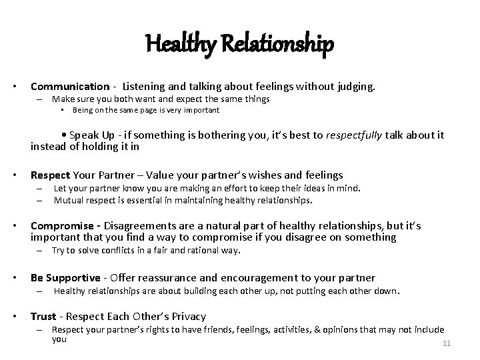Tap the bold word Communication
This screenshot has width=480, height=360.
[70, 86]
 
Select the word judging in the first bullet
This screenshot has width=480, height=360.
[357, 86]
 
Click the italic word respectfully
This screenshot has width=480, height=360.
[354, 135]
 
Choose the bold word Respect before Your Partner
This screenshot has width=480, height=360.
[50, 175]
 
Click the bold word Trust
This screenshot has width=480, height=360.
[43, 316]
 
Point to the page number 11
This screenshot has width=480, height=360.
[447, 343]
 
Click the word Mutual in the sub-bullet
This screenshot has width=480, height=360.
[67, 199]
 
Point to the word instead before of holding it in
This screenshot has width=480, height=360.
[49, 147]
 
